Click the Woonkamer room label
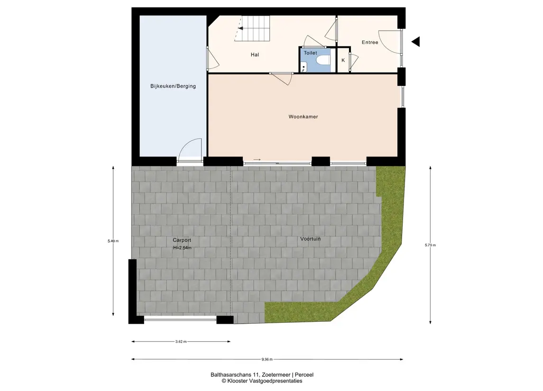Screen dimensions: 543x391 303,117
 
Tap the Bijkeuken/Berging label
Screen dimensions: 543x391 173,86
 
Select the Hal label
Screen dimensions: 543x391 255,55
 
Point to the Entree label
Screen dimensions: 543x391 370,42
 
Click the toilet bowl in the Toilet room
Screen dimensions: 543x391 323,61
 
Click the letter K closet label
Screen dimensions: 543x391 343,60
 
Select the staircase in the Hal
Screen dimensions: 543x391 252,28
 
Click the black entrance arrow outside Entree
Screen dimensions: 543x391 415,42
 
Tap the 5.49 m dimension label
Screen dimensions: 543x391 113,241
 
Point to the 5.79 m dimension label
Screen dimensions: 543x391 431,245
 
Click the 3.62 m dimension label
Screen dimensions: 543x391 181,342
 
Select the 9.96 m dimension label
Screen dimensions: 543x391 267,359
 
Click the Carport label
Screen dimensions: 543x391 182,240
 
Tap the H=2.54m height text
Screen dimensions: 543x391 182,248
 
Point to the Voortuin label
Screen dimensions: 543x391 310,239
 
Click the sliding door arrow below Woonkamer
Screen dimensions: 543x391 257,160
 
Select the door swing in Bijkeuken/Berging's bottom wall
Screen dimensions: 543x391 190,150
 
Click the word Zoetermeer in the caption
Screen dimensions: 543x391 276,375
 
